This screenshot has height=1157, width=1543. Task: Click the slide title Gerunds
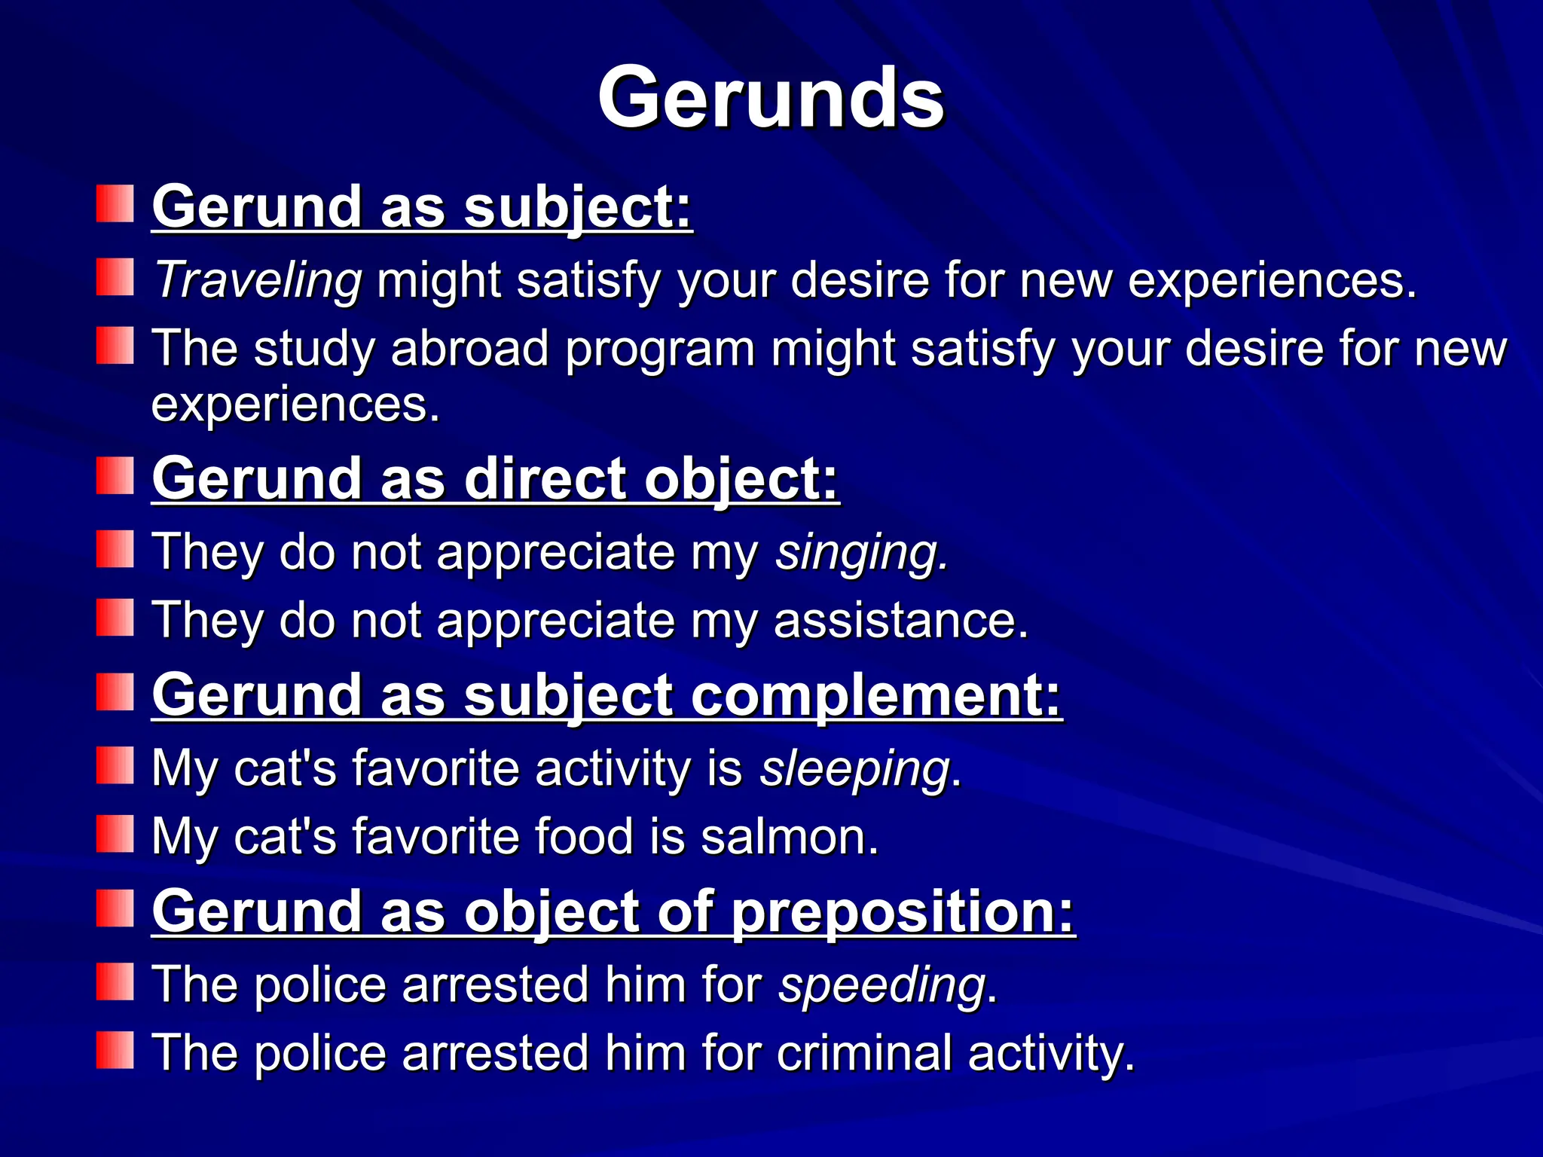(770, 98)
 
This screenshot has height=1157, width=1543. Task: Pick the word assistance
(900, 621)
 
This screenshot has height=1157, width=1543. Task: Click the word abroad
(469, 349)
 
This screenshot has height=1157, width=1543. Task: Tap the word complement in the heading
(875, 695)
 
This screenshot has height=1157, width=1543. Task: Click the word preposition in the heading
(903, 912)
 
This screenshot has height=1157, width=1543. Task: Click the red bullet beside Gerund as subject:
(115, 204)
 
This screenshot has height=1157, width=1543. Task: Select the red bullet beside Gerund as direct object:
(115, 476)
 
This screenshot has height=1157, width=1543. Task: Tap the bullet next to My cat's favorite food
(115, 834)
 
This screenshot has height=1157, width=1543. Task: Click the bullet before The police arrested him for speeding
(115, 981)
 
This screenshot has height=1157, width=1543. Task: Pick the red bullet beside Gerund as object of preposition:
(115, 908)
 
